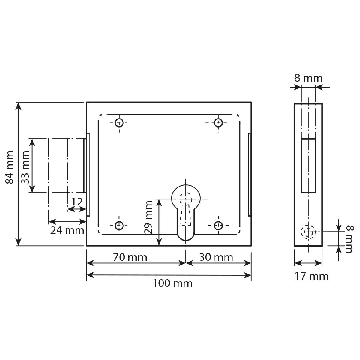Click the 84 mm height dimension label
pos(10,167)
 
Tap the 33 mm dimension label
pos(25,167)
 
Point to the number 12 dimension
pos(77,202)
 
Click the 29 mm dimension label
pos(148,217)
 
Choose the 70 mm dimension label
pos(130,257)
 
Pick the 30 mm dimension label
pos(216,257)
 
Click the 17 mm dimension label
pos(312,276)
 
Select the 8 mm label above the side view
pos(308,78)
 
